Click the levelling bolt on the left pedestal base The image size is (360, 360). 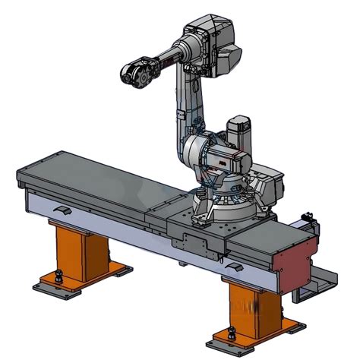[x=58, y=273]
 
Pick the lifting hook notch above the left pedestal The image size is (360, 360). [x=63, y=207]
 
